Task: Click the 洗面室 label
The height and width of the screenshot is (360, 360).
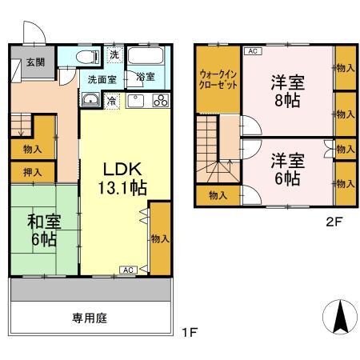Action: point(102,79)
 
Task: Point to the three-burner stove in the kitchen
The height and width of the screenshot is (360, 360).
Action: point(159,101)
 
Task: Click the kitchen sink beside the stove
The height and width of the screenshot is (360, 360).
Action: point(133,101)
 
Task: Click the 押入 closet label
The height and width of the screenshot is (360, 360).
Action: point(33,172)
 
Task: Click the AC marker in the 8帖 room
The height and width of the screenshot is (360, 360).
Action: point(252,51)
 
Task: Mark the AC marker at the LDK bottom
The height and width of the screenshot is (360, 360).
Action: point(128,270)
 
